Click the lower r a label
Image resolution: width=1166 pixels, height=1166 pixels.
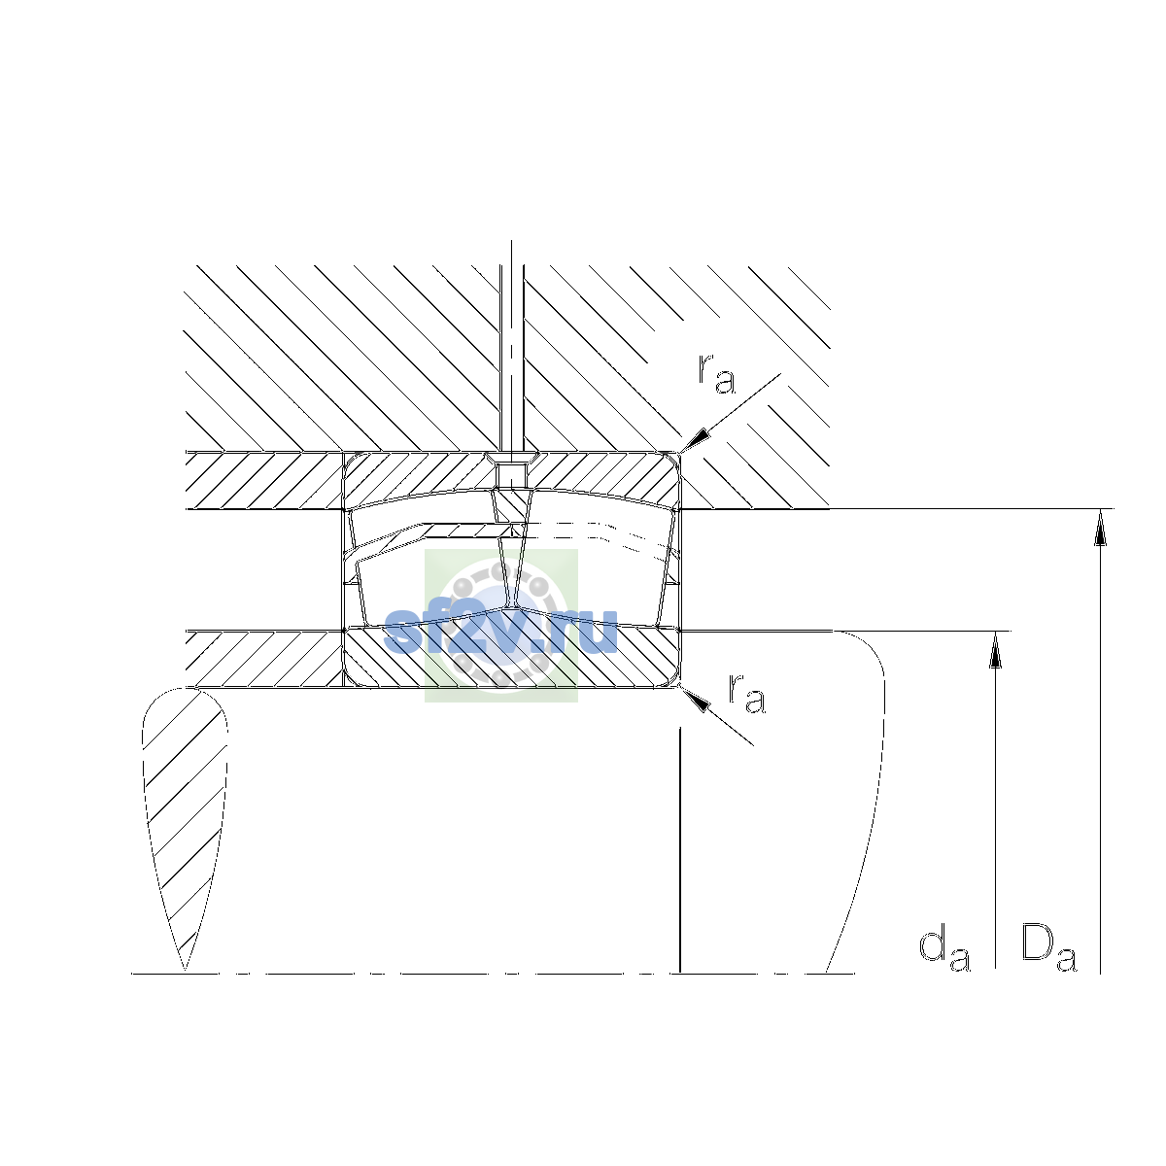tap(747, 693)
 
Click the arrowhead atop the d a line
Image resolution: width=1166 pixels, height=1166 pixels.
tap(995, 650)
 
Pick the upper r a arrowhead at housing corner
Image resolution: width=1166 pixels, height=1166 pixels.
tap(694, 440)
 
